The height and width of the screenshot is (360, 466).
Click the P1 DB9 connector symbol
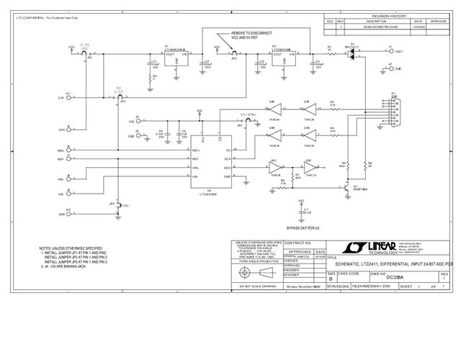(x=394, y=115)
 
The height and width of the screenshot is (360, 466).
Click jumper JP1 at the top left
(x=84, y=53)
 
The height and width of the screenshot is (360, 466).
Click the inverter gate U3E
(x=274, y=109)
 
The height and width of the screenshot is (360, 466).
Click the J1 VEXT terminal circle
(x=390, y=53)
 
